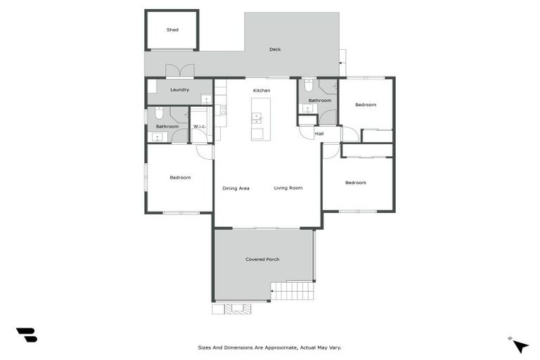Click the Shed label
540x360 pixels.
[x=172, y=30]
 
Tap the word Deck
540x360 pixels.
[x=275, y=49]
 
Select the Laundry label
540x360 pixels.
[x=179, y=89]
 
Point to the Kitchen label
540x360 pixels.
[x=262, y=91]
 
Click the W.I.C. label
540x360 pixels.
[x=199, y=127]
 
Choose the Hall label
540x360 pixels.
[x=319, y=133]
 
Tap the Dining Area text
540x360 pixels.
[x=236, y=188]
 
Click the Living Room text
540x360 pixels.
[x=288, y=188]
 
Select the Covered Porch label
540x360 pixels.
[x=262, y=259]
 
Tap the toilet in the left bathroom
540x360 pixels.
[x=160, y=113]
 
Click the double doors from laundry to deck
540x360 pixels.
[x=180, y=72]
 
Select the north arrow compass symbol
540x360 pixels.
[x=520, y=345]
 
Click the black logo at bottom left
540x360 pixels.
[x=26, y=335]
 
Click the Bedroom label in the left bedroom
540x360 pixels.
[x=180, y=177]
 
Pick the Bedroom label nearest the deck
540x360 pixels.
[x=365, y=105]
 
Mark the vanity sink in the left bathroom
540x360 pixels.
[x=157, y=136]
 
